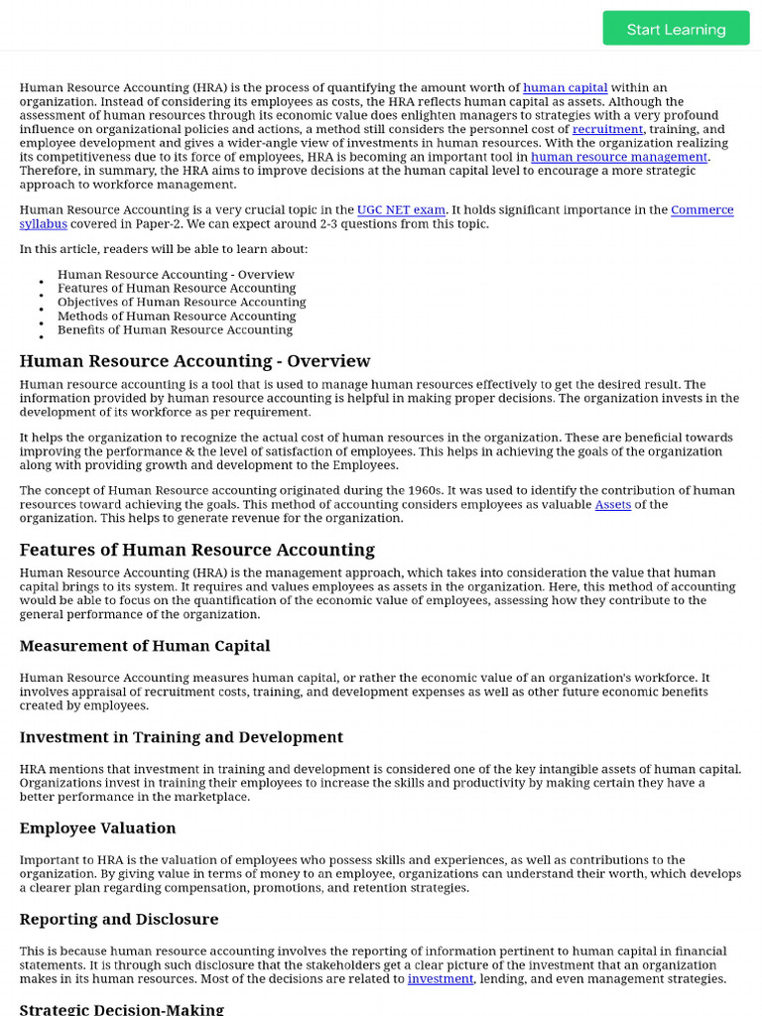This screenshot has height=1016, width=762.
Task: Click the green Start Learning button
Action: [676, 29]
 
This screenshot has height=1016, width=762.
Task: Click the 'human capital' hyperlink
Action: [565, 88]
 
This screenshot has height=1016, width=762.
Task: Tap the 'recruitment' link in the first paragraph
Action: [607, 130]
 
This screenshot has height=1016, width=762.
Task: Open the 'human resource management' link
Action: [619, 157]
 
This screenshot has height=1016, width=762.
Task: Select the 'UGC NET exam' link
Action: [402, 210]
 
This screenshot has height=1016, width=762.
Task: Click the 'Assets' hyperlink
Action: [612, 505]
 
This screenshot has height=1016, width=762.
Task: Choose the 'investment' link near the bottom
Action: [441, 979]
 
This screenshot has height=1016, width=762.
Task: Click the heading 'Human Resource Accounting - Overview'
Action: [194, 361]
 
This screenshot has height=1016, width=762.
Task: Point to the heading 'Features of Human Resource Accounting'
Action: [196, 550]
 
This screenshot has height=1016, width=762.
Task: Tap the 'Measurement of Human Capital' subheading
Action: [145, 646]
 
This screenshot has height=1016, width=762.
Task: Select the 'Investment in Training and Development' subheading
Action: [182, 737]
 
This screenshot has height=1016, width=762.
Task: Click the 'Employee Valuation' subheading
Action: [97, 828]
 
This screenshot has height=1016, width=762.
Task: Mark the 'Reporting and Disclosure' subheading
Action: [119, 920]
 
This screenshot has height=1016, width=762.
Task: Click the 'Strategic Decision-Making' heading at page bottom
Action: [121, 1009]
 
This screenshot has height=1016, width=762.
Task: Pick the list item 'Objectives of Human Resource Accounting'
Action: [182, 303]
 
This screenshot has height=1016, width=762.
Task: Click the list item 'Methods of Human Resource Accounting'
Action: [177, 317]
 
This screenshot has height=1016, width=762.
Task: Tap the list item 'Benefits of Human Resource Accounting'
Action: [175, 330]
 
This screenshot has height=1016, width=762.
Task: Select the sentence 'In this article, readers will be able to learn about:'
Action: [164, 249]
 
